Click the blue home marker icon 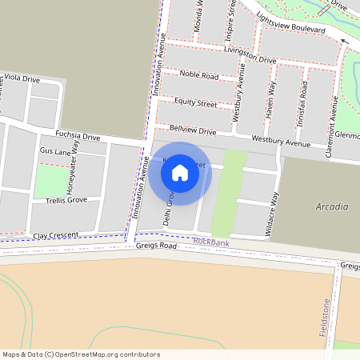(x=180, y=173)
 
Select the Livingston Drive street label (x=250, y=57)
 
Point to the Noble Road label (x=199, y=75)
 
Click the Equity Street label (x=196, y=103)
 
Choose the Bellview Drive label (x=192, y=130)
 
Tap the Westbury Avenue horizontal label (x=280, y=143)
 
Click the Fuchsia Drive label (x=78, y=135)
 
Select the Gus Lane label (x=56, y=150)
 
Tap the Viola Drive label (x=22, y=78)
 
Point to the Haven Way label (x=270, y=99)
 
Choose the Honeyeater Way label (x=75, y=158)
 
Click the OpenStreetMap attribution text (x=82, y=354)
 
